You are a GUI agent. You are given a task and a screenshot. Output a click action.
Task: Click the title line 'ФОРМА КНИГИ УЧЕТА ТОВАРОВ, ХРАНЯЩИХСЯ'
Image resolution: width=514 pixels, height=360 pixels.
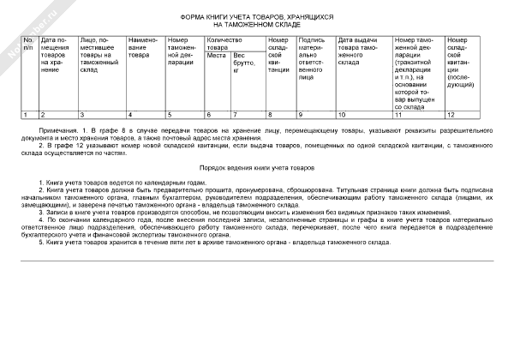pyautogui.click(x=257, y=17)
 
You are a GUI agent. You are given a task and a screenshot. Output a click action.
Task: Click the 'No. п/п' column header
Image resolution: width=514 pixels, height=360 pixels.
pyautogui.click(x=28, y=44)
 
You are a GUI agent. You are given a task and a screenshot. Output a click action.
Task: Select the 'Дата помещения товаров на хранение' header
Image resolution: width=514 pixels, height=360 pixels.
pyautogui.click(x=57, y=54)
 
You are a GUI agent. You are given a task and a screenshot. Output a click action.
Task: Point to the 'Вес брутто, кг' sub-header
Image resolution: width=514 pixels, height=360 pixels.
pyautogui.click(x=244, y=63)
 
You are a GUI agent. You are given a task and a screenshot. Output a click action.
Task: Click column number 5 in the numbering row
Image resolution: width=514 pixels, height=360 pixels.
pyautogui.click(x=170, y=114)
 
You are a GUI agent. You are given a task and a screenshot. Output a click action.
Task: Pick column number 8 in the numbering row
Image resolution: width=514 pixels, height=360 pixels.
pyautogui.click(x=270, y=114)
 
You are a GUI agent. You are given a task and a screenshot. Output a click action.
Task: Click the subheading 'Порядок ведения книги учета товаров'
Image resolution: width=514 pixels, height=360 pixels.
pyautogui.click(x=256, y=168)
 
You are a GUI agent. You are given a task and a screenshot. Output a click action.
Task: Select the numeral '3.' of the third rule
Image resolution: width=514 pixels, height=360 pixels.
pyautogui.click(x=41, y=210)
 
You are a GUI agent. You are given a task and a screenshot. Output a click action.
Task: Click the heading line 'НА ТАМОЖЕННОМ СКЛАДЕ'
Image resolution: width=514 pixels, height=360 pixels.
pyautogui.click(x=257, y=25)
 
